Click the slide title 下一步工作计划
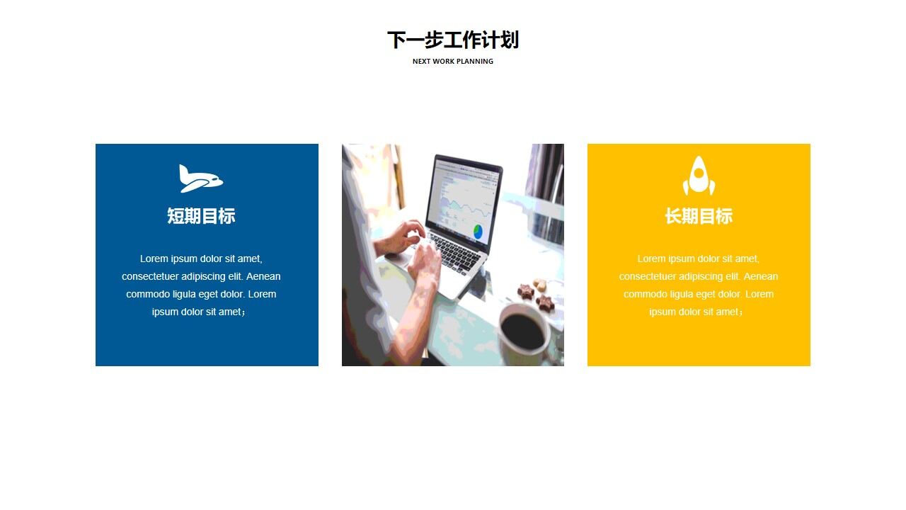[453, 40]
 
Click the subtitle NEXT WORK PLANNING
[453, 62]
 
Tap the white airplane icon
[200, 178]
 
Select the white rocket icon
[699, 176]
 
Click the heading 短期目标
[201, 216]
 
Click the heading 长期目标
[699, 216]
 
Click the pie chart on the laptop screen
[478, 231]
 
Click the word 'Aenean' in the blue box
[263, 276]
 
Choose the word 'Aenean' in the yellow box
[761, 276]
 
